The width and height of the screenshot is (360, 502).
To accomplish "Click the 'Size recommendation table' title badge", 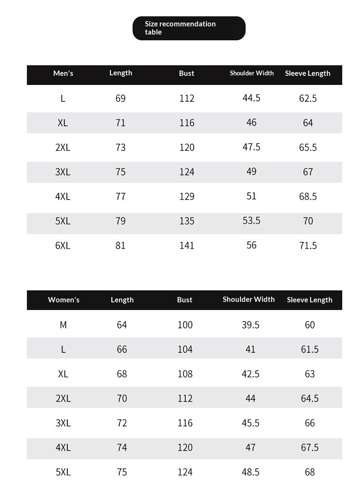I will [x=189, y=28].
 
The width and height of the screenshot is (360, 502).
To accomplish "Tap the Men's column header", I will [x=63, y=73].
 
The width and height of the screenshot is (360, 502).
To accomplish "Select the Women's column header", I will [x=63, y=300].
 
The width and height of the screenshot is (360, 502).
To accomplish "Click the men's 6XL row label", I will [x=63, y=246].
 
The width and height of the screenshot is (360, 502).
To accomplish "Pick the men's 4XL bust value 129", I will [x=187, y=196].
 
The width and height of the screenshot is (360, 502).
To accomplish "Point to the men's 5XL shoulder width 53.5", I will [x=252, y=220].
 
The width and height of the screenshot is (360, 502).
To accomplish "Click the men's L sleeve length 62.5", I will [x=308, y=98].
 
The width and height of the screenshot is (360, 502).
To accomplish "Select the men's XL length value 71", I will [x=120, y=123].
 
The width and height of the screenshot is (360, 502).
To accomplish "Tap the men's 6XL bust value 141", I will [x=187, y=246].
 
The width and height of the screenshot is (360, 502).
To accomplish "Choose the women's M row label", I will [x=63, y=325].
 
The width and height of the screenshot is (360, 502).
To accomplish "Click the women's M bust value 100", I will [x=185, y=325].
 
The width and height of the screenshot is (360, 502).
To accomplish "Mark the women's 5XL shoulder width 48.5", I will [x=251, y=472].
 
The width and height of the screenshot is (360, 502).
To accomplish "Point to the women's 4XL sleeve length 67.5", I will [x=310, y=448].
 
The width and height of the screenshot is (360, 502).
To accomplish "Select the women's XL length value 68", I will [x=122, y=374].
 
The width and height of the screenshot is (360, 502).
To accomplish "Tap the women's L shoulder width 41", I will [x=251, y=349].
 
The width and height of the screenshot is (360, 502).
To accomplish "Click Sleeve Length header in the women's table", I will [x=310, y=300].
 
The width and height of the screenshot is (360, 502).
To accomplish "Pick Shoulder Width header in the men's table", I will [x=252, y=73].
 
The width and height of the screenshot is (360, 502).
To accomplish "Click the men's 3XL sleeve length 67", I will [x=308, y=172].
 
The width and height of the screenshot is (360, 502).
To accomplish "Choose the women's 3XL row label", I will [x=63, y=423].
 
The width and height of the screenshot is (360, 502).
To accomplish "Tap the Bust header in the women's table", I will [x=185, y=300].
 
